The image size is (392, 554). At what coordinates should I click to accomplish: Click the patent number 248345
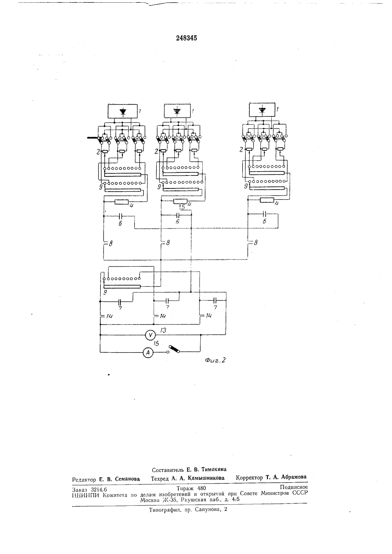186,38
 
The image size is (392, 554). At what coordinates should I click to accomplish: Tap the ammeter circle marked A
148,353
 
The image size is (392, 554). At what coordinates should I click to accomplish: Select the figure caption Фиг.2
215,360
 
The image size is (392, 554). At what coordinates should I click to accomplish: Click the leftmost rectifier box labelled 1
123,111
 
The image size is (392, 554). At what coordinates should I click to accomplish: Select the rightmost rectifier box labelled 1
262,109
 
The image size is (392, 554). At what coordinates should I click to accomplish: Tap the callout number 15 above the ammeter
156,344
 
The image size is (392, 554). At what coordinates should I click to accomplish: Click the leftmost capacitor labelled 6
120,216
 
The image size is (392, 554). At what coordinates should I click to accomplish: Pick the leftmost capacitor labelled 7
120,302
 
